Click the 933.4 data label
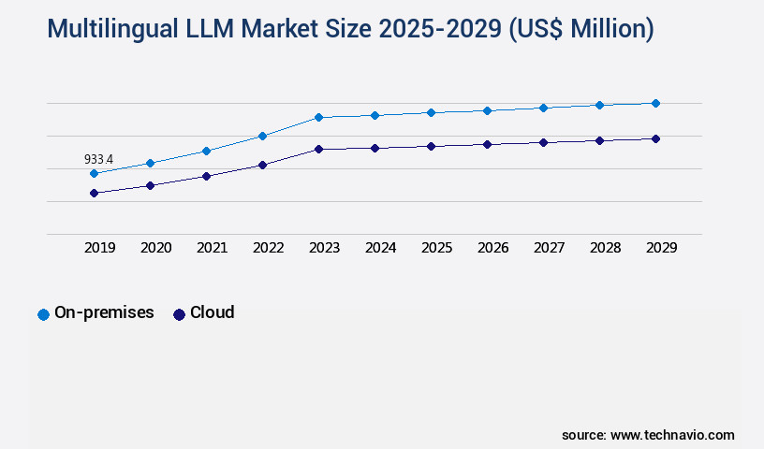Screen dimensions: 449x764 pos(98,160)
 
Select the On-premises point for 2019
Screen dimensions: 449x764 pos(94,173)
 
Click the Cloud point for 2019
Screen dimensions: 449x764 pos(94,193)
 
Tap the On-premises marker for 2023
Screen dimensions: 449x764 pos(318,117)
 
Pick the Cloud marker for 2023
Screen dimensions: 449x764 pos(318,149)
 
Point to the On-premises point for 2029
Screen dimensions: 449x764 pos(655,103)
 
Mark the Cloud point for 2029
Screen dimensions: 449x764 pos(655,138)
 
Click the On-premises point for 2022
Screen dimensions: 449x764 pos(262,136)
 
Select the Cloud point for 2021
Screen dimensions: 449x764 pos(206,176)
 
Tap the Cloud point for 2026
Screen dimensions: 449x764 pos(487,144)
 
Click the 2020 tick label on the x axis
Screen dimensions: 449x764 pos(155,248)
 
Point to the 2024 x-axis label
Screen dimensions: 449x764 pos(380,248)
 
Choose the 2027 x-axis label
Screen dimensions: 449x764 pos(549,248)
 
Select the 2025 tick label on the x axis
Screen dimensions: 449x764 pos(436,248)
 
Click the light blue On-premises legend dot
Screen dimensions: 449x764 pos(43,314)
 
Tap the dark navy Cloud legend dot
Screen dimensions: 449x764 pos(179,314)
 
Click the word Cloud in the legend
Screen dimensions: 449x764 pos(212,312)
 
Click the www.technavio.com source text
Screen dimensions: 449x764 pos(672,435)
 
